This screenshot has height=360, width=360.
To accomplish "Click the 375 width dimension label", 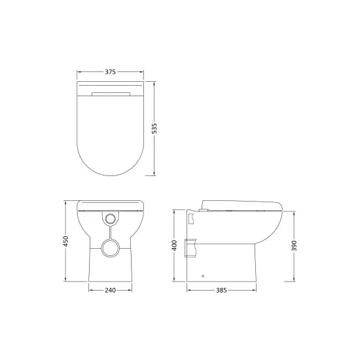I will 110,73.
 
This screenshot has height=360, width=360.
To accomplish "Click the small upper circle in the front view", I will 110,217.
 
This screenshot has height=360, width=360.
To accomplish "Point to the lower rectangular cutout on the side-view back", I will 192,248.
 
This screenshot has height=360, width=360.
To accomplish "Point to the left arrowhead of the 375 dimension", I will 79,73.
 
